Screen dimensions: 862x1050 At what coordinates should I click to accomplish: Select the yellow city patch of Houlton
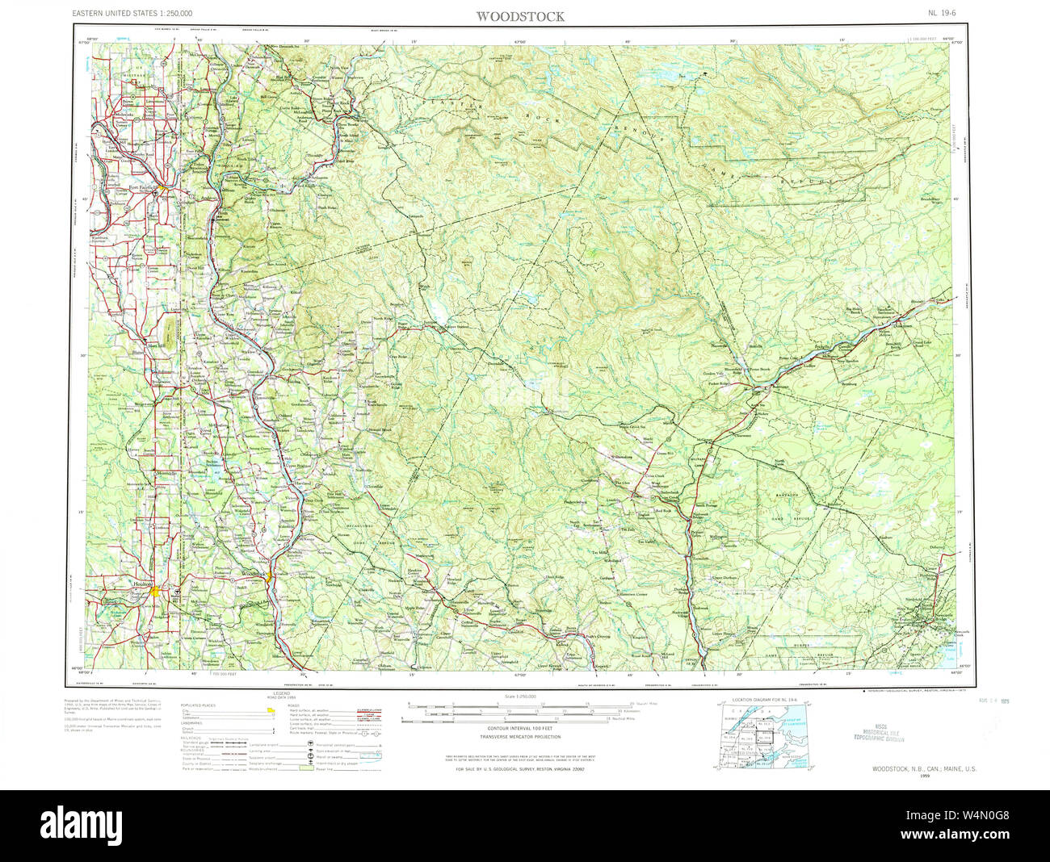tap(155, 592)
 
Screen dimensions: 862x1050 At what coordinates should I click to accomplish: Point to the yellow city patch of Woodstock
tap(267, 576)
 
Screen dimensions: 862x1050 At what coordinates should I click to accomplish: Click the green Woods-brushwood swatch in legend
tap(304, 767)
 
